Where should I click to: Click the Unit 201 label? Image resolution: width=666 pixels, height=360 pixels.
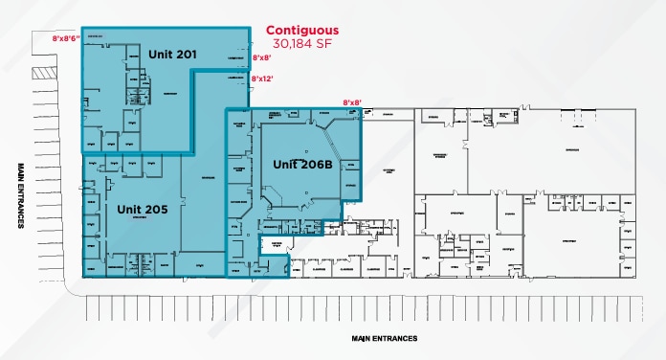[172, 55]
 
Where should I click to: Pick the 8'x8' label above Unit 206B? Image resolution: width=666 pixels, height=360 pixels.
[352, 103]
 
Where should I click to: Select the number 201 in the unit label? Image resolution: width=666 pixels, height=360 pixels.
[186, 55]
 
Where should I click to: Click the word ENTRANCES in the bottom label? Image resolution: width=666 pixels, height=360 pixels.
[402, 338]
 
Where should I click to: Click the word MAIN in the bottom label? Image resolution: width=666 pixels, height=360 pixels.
[361, 338]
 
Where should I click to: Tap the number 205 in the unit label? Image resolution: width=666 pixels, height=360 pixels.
[157, 208]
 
